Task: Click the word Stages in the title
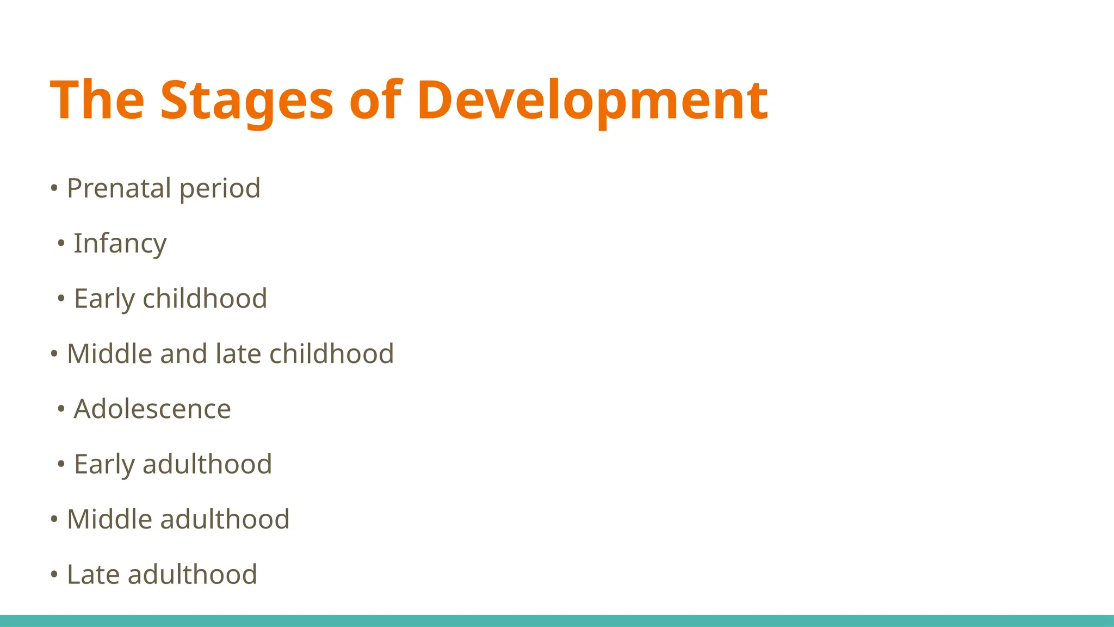pyautogui.click(x=246, y=100)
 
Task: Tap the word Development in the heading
pyautogui.click(x=592, y=100)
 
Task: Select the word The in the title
pyautogui.click(x=97, y=100)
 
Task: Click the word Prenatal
pyautogui.click(x=119, y=188)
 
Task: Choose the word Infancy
pyautogui.click(x=120, y=244)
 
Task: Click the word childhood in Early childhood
pyautogui.click(x=205, y=299)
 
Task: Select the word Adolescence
pyautogui.click(x=152, y=409)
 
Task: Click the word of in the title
pyautogui.click(x=375, y=100)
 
